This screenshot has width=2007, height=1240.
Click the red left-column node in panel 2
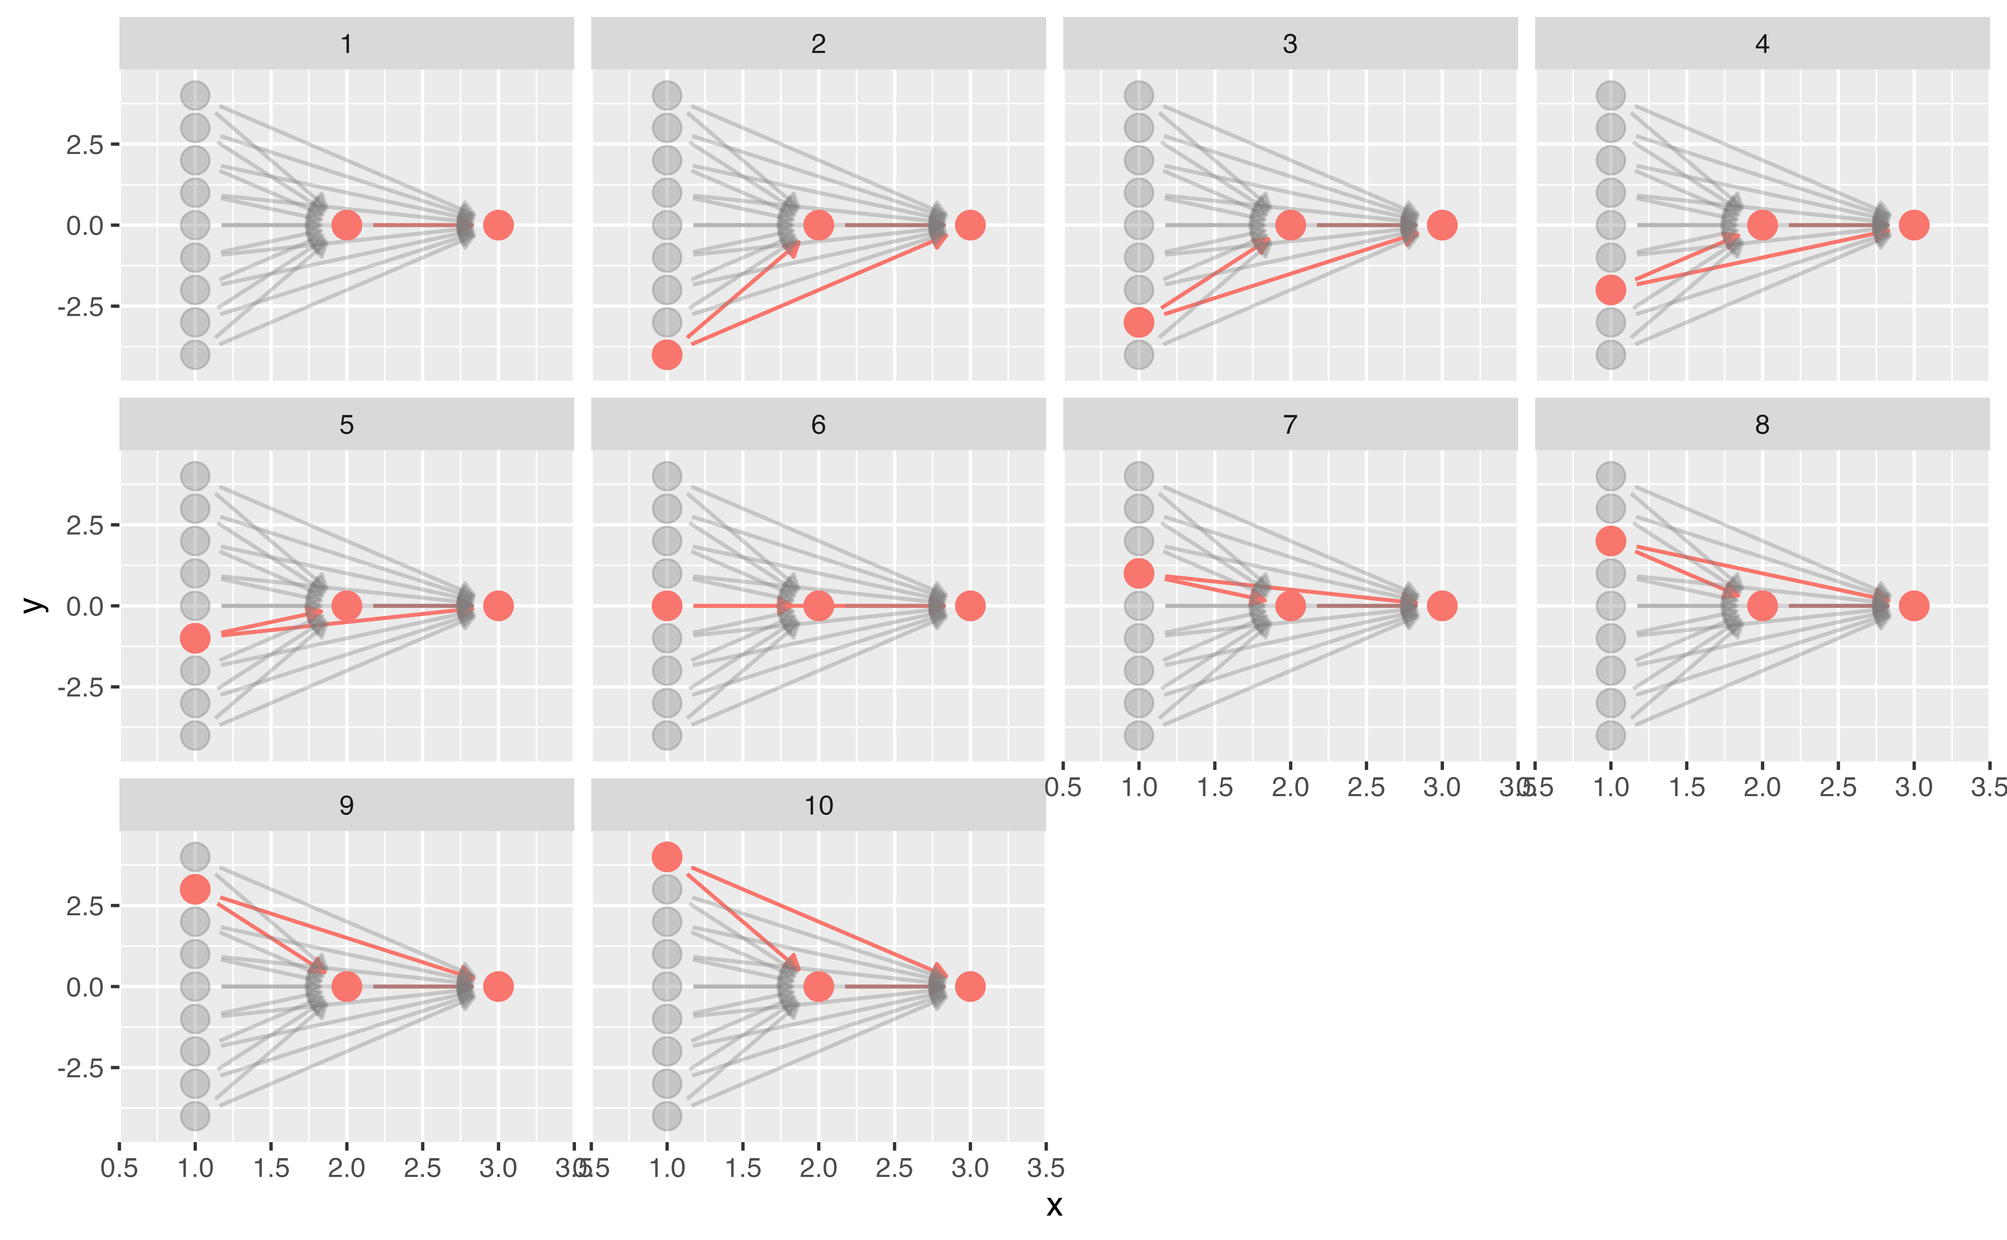point(667,354)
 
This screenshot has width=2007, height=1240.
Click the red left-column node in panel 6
point(667,606)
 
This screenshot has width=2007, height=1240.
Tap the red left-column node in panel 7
point(1138,573)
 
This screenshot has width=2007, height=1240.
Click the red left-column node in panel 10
point(667,857)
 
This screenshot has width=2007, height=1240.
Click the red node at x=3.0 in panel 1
point(498,225)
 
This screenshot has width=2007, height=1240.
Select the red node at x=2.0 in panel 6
point(818,606)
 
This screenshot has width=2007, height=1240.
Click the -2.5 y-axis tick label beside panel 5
point(80,687)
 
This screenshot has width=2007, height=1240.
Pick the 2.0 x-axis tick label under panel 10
point(818,1168)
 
